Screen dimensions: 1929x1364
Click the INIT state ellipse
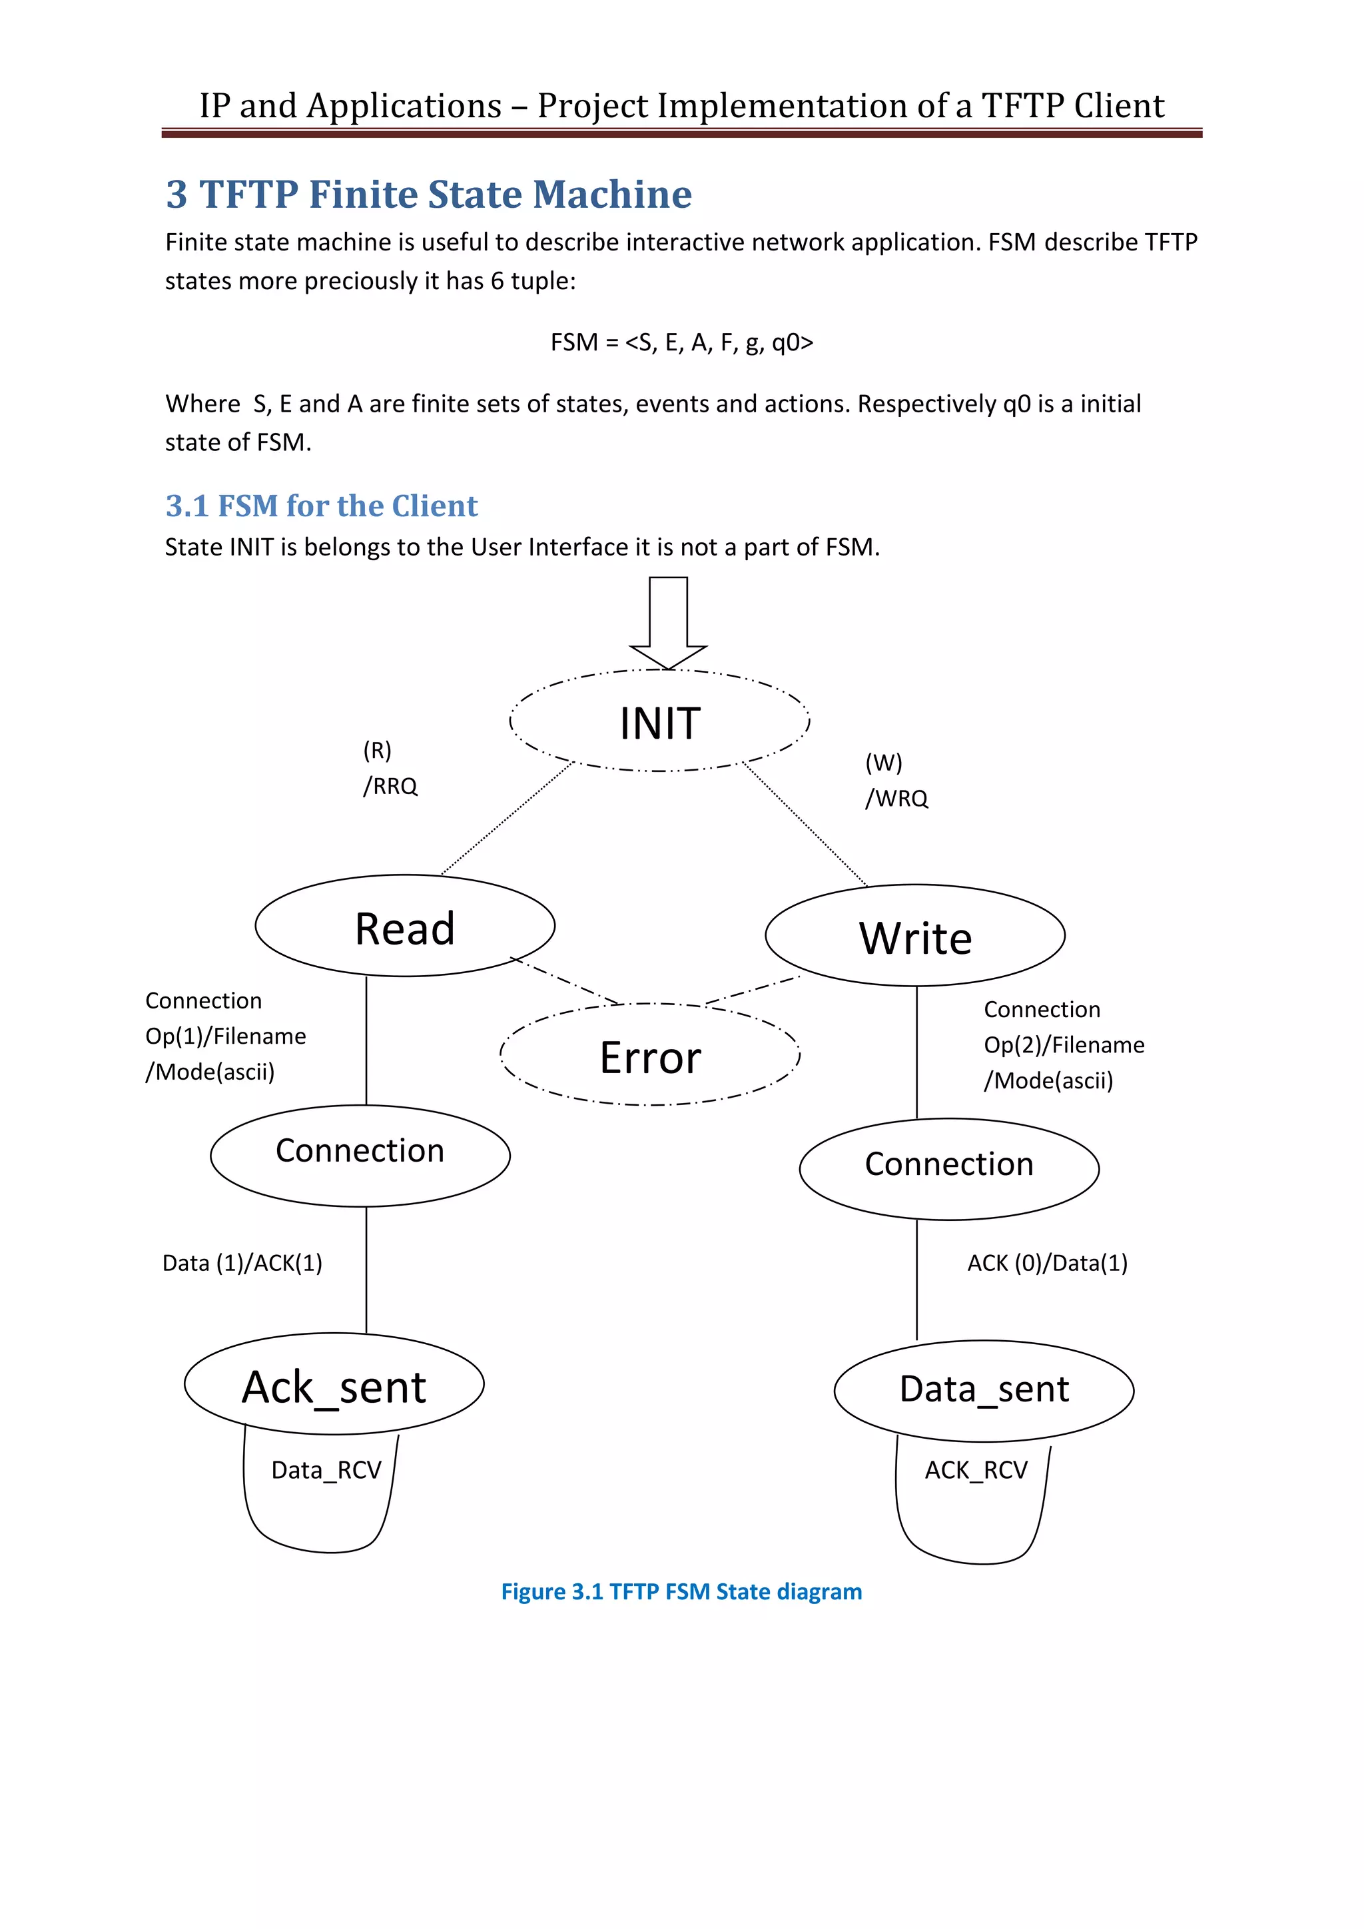(660, 721)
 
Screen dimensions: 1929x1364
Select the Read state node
(405, 927)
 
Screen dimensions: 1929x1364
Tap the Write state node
(914, 936)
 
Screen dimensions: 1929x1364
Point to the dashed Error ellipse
(650, 1055)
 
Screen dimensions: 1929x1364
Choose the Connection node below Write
(949, 1166)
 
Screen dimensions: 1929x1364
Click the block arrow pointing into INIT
(669, 621)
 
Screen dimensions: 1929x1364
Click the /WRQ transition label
(897, 798)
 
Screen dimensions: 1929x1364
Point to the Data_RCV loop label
(326, 1470)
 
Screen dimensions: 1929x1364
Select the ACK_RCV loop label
(976, 1470)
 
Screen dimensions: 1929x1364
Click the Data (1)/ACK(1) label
(242, 1263)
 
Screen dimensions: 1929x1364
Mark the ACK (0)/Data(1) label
(1048, 1263)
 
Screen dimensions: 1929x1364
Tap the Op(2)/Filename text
(1064, 1045)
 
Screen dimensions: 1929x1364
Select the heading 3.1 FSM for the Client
(322, 506)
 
